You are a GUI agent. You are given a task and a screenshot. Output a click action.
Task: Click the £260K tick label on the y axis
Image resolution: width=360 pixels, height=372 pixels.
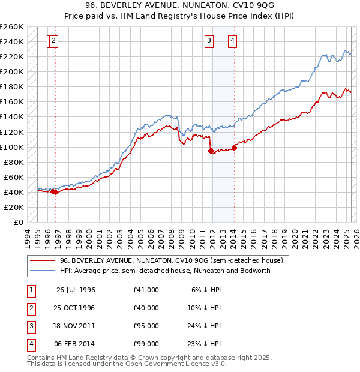pos(12,27)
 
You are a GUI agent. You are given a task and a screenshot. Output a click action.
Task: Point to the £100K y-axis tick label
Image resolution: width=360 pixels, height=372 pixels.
pos(12,147)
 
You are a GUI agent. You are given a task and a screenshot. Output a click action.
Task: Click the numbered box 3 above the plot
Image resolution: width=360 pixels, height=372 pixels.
pos(209,41)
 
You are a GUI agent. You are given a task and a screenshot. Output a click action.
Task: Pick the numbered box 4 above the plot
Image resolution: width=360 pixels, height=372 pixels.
pos(232,41)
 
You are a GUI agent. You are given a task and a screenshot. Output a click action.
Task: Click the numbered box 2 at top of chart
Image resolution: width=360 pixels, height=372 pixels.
pos(53,41)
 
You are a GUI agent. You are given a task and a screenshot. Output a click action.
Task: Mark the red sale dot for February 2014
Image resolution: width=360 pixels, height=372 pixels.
pos(234,148)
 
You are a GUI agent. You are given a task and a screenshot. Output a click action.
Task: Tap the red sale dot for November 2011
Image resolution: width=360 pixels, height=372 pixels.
pos(211,151)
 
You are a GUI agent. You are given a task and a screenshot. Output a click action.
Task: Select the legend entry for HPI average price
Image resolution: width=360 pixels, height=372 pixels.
pos(165,271)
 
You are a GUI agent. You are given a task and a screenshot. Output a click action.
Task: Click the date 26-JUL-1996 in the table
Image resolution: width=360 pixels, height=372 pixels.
pos(76,290)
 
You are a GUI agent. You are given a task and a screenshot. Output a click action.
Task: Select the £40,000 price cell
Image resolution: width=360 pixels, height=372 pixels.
pos(146,308)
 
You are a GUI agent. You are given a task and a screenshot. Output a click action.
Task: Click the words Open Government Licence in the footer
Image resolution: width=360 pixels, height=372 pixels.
pos(178,364)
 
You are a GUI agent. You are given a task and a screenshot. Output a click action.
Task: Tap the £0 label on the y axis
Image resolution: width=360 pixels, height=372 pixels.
pos(18,222)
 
